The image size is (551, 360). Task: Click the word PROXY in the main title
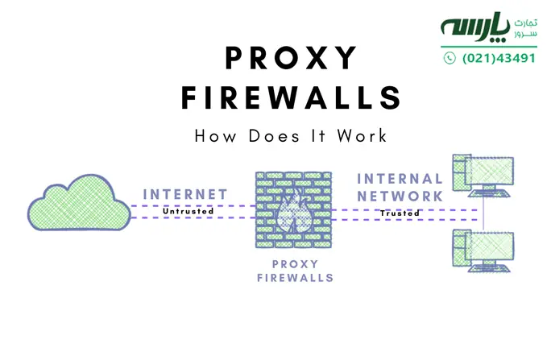tap(291, 60)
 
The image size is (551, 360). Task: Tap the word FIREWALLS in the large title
tap(291, 98)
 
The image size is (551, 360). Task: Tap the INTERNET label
tap(184, 194)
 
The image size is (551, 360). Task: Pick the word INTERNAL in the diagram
tap(400, 179)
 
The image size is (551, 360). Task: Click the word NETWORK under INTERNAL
tap(400, 196)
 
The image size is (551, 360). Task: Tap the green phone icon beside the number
tap(449, 58)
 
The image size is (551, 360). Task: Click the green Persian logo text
tap(474, 27)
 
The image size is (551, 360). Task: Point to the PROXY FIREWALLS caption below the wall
tap(291, 271)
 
